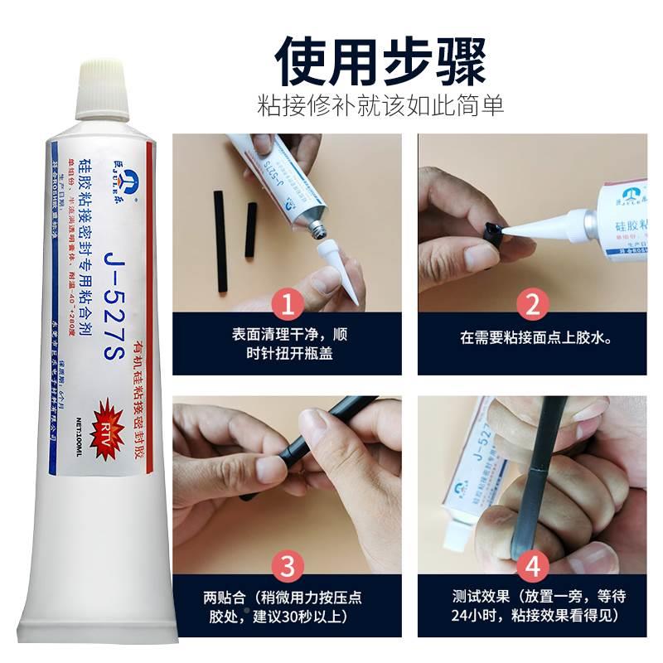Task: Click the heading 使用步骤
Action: [x=380, y=61]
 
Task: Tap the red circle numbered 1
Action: [x=287, y=305]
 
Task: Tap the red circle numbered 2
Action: [x=531, y=305]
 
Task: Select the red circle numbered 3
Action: [x=287, y=567]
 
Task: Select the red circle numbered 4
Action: [x=531, y=567]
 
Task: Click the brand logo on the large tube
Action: [x=108, y=167]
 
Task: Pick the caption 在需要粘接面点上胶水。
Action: [x=531, y=338]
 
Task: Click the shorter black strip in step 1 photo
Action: [x=249, y=227]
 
